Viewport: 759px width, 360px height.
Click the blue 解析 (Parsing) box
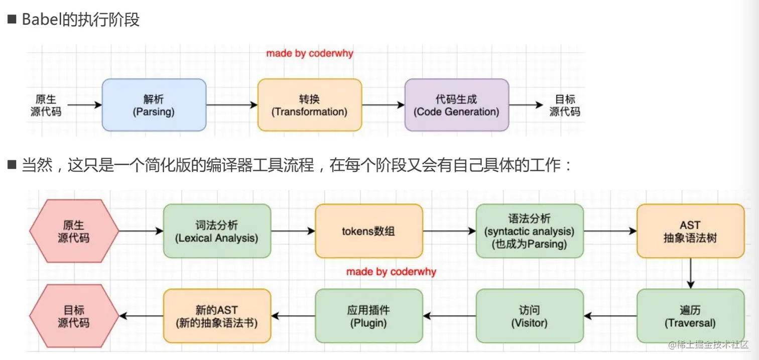click(x=154, y=105)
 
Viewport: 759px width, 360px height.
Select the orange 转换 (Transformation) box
click(x=309, y=105)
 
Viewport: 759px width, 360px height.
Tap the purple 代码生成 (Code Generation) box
click(x=456, y=105)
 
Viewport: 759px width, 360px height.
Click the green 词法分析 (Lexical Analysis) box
click(x=217, y=231)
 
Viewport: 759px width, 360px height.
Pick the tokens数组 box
click(x=368, y=231)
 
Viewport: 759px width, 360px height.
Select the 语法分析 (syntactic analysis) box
click(x=530, y=231)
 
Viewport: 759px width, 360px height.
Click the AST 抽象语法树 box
click(x=690, y=231)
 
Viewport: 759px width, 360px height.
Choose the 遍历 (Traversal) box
click(x=690, y=316)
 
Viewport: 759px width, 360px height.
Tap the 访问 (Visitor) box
click(x=530, y=316)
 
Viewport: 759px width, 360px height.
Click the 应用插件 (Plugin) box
click(x=368, y=316)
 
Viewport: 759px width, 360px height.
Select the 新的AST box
click(x=217, y=316)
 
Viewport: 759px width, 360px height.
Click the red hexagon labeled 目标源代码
click(x=74, y=316)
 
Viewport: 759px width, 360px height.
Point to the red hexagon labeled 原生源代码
click(x=74, y=231)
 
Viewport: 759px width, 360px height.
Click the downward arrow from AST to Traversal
click(x=691, y=273)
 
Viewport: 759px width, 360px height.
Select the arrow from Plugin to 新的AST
click(x=293, y=316)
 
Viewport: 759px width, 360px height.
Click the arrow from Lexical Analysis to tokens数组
click(x=293, y=231)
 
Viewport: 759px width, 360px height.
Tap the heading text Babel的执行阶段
click(x=80, y=20)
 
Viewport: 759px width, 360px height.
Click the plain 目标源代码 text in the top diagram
click(x=565, y=105)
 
